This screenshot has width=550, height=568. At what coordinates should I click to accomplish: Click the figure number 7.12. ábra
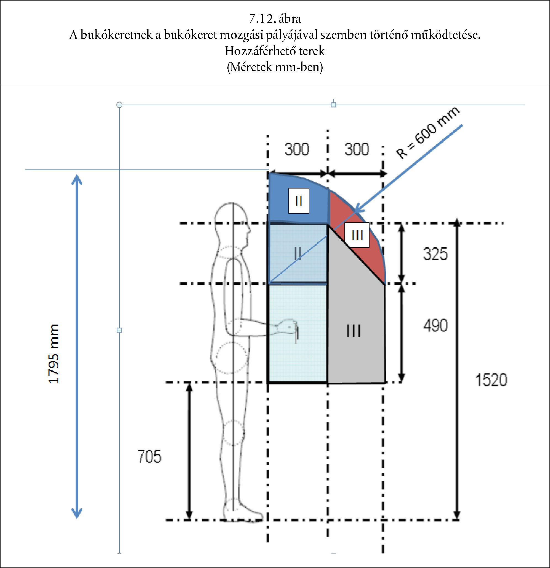[275, 19]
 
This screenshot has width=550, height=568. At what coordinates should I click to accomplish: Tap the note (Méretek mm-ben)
[275, 67]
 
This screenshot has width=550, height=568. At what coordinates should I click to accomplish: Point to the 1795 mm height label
[54, 354]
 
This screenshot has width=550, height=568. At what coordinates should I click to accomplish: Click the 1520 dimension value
[491, 380]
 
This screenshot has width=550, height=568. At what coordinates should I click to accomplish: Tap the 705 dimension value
[149, 457]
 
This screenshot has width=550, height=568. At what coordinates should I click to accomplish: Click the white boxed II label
[299, 201]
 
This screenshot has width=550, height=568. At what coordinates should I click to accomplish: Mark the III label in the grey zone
[354, 331]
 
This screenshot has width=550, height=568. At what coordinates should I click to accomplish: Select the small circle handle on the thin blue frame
[119, 105]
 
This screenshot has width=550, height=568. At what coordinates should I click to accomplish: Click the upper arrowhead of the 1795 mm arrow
[77, 179]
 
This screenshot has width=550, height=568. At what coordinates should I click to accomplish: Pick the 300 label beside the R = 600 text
[357, 149]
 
